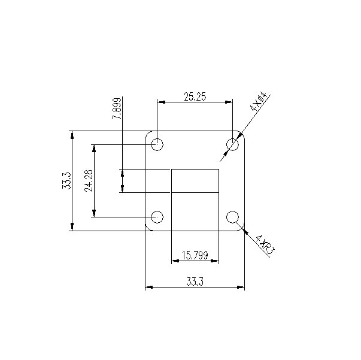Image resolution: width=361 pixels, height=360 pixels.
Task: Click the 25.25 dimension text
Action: click(194, 96)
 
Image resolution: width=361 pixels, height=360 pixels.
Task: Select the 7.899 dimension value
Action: click(117, 108)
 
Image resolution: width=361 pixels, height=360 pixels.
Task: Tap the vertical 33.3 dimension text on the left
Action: click(66, 180)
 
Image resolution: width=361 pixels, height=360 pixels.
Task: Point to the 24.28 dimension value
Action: click(89, 180)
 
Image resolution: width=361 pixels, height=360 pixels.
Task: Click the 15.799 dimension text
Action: click(195, 256)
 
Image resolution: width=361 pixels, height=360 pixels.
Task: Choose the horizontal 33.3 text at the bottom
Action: click(195, 282)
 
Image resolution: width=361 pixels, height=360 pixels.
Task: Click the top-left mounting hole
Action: click(158, 144)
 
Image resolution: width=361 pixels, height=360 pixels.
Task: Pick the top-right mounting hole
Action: click(232, 144)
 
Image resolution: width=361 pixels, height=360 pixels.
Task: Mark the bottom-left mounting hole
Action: click(158, 216)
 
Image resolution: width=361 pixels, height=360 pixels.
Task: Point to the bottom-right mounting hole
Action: click(232, 216)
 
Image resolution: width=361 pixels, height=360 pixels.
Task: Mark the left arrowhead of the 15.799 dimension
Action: click(175, 261)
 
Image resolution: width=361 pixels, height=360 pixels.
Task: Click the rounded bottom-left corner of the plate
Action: click(148, 228)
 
